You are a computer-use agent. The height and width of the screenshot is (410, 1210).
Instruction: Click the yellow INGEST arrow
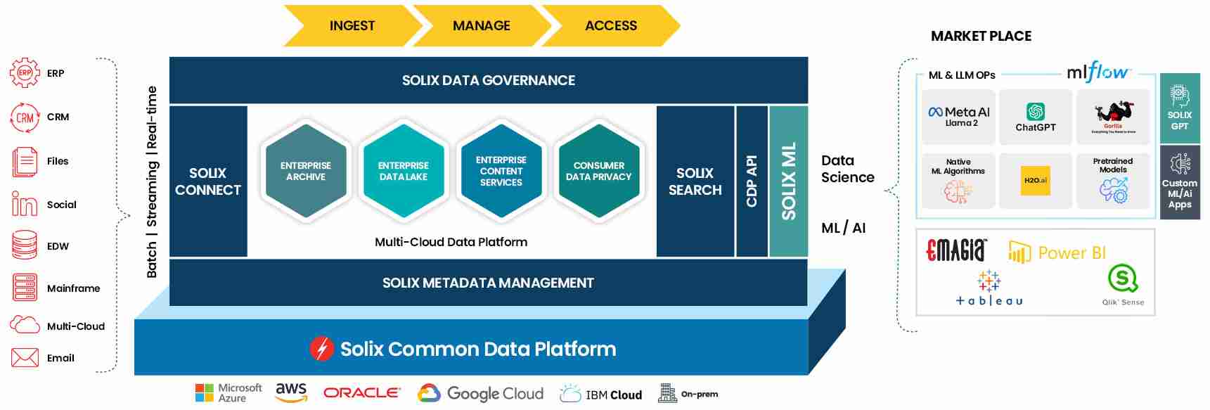click(352, 26)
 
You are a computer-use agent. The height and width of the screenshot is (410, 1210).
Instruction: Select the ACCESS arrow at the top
click(611, 26)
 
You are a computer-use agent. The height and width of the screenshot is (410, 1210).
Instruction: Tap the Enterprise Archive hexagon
click(306, 172)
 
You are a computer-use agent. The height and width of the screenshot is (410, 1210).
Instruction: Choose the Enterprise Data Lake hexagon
click(404, 172)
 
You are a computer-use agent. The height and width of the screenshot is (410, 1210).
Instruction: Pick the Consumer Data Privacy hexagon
click(599, 172)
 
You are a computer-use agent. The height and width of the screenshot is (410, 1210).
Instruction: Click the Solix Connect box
click(208, 181)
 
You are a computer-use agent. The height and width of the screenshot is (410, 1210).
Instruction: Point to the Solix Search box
click(695, 181)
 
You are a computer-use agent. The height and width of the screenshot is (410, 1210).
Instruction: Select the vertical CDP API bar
click(751, 181)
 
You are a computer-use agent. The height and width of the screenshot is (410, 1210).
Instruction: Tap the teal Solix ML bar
click(789, 181)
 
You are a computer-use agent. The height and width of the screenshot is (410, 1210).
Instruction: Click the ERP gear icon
click(25, 73)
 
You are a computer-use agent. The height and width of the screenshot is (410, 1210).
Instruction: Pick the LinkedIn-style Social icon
click(25, 205)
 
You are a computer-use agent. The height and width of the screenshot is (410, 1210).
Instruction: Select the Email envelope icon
click(25, 358)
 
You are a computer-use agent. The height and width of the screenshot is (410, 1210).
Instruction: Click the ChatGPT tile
click(1036, 117)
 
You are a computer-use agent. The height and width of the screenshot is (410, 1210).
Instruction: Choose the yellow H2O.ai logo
click(1036, 181)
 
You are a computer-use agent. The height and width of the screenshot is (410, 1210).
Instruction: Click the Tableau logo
click(989, 288)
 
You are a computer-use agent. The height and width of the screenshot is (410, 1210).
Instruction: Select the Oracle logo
click(361, 393)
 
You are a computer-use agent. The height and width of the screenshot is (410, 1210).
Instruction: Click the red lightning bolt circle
click(322, 349)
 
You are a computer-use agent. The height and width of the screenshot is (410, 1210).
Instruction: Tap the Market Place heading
click(981, 37)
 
